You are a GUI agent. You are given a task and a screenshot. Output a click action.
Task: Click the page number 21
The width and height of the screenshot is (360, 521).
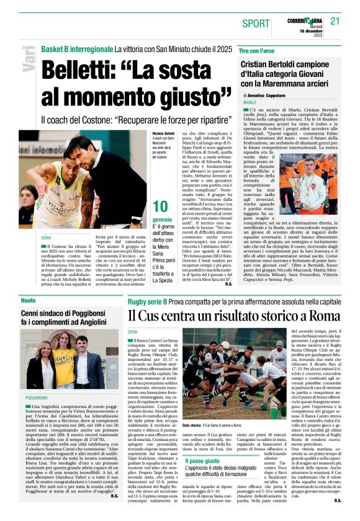pos(336,20)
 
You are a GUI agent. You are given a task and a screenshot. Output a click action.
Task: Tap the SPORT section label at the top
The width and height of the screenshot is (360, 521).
pos(256,24)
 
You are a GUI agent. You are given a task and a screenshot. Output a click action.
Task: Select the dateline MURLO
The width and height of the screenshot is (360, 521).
pos(250,102)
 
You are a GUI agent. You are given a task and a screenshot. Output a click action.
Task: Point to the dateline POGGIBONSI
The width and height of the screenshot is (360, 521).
pos(37,397)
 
